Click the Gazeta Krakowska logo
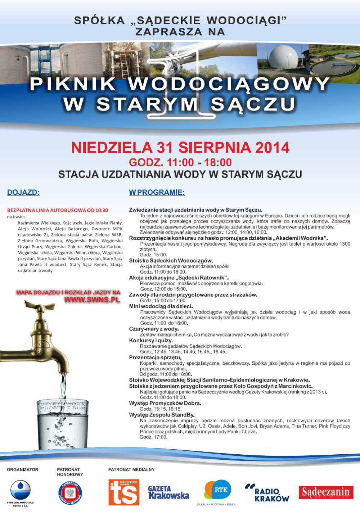tap(168, 492)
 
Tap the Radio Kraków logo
tap(267, 493)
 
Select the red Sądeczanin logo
tap(326, 492)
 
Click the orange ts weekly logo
tap(124, 492)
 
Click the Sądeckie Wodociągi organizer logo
tap(21, 490)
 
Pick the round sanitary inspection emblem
tap(70, 493)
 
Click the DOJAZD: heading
tap(23, 192)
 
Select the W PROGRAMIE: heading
tap(157, 192)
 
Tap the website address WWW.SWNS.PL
tap(92, 300)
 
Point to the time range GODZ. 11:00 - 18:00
tap(180, 162)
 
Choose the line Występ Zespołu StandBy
tap(162, 415)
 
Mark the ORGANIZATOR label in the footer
tap(22, 469)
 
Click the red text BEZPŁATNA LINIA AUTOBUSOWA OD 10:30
tap(58, 210)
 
